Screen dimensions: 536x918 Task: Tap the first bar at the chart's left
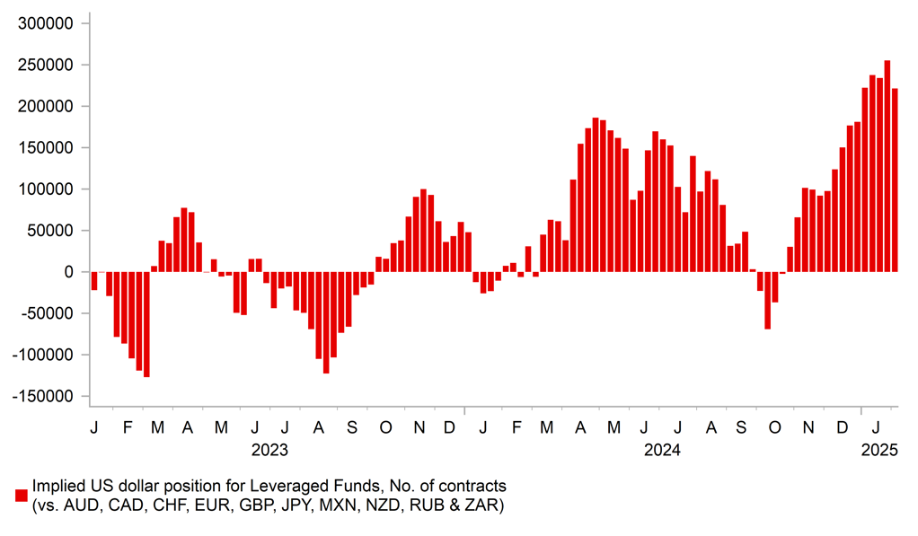tap(93, 281)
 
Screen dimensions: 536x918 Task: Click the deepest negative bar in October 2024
tap(767, 300)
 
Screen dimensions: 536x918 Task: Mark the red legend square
tap(21, 496)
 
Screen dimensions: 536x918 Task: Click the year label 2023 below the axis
tap(269, 449)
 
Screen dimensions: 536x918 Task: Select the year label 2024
tap(662, 449)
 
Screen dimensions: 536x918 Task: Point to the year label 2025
tap(879, 449)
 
